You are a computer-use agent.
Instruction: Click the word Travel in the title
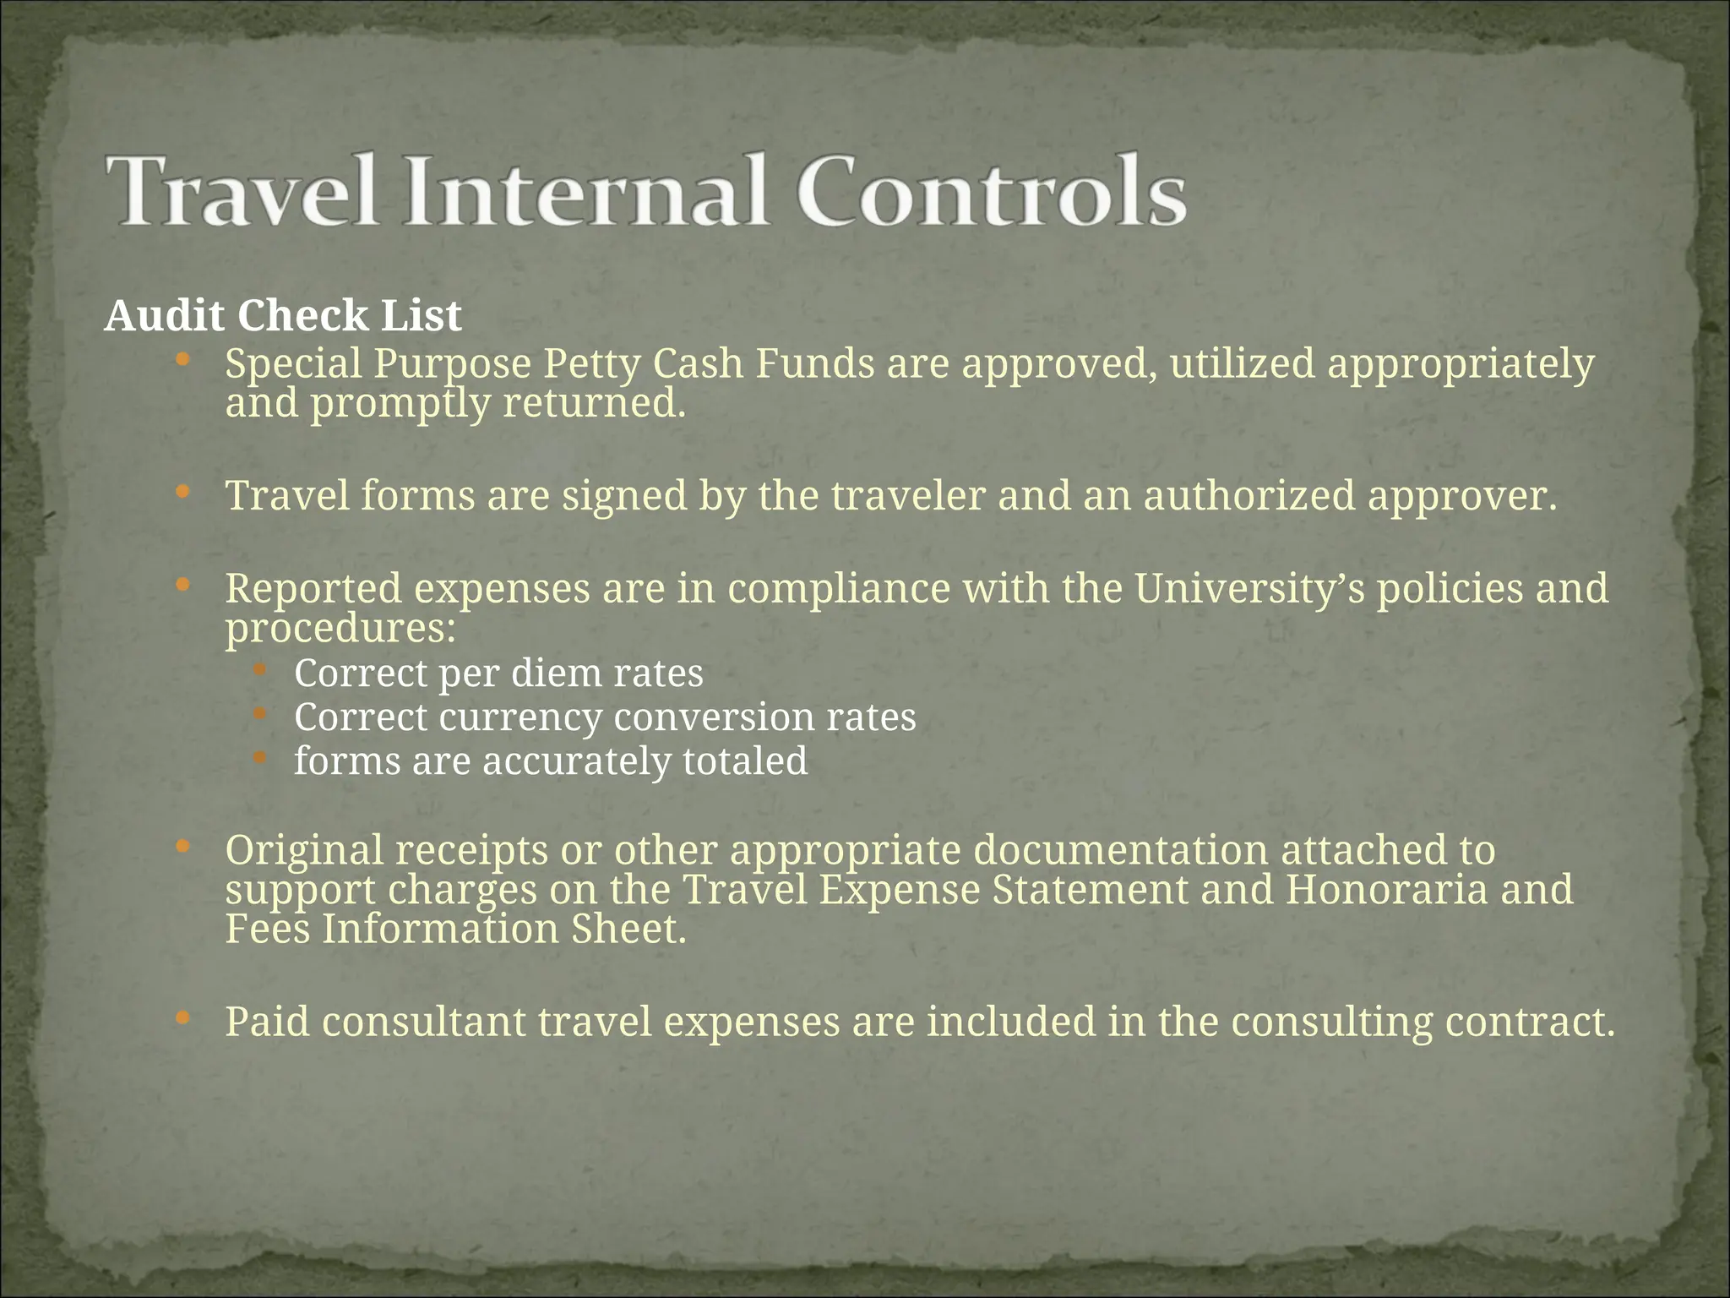(242, 191)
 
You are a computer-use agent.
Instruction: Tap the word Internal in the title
(586, 191)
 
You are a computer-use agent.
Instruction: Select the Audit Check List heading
(283, 316)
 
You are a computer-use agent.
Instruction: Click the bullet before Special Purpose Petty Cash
(182, 360)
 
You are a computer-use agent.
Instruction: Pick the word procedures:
(340, 629)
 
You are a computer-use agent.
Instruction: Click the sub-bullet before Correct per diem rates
(259, 669)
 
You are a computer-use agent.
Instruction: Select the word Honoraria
(1386, 889)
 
